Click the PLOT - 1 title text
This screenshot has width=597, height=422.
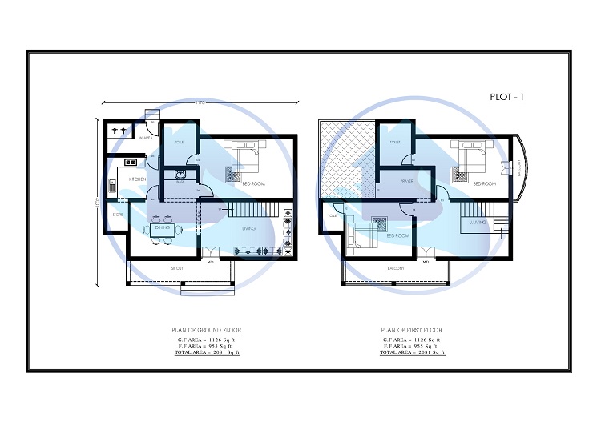(x=506, y=97)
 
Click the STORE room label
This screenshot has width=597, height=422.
(x=118, y=215)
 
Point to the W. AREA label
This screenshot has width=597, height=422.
(x=146, y=139)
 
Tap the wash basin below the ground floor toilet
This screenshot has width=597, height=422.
(x=180, y=175)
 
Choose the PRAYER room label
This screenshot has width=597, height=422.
(x=406, y=181)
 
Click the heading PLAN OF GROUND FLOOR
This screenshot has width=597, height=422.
(x=207, y=330)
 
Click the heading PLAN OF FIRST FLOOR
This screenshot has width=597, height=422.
(x=412, y=330)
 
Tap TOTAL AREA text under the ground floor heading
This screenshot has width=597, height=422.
(x=207, y=352)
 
